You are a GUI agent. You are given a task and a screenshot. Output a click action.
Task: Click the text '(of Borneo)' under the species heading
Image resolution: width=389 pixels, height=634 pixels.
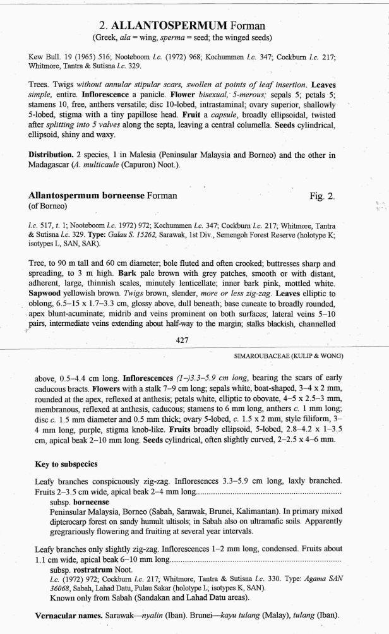pyautogui.click(x=50, y=206)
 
